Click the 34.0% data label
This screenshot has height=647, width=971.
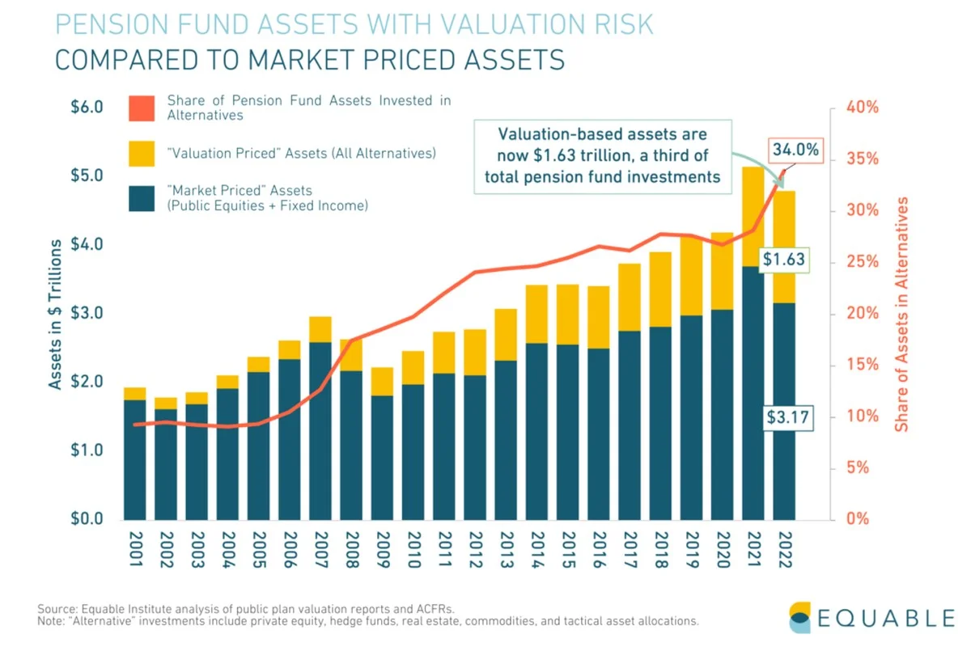click(x=795, y=150)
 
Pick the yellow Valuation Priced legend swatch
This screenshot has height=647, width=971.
click(x=141, y=154)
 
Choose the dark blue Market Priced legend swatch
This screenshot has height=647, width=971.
click(x=141, y=198)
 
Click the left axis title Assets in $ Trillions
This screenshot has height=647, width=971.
click(x=55, y=313)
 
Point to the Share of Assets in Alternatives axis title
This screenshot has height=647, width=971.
click(x=902, y=313)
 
